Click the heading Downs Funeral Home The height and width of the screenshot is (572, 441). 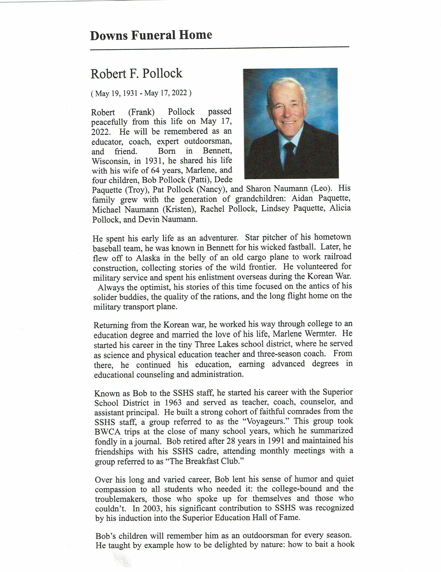pos(151,35)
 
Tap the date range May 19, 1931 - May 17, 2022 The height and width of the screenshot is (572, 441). pos(141,93)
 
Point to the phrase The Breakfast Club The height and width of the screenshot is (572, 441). pos(203,461)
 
